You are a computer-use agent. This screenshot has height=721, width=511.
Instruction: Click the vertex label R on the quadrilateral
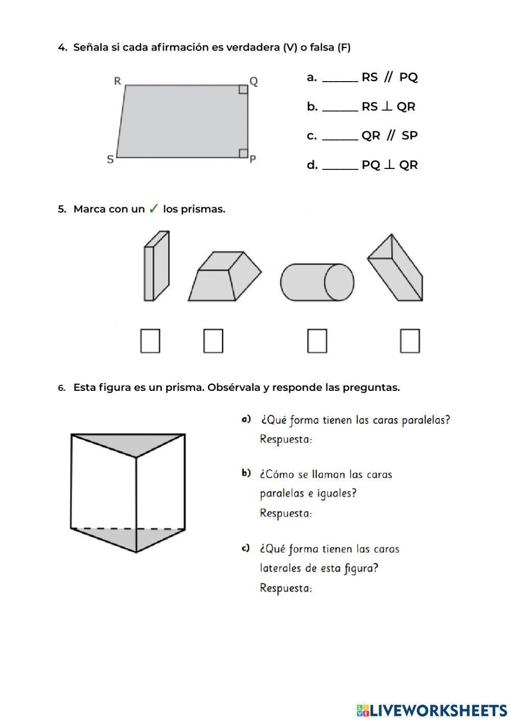(118, 81)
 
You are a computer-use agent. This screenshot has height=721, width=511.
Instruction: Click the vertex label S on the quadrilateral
(110, 159)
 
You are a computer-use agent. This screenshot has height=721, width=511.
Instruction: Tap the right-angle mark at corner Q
(243, 90)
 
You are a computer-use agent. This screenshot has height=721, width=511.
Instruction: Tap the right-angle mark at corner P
(243, 153)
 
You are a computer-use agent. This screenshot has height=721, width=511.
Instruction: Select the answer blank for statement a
(340, 79)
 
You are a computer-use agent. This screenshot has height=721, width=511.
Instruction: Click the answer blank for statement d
(340, 166)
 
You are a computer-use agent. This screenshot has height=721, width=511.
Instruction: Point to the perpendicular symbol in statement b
(387, 107)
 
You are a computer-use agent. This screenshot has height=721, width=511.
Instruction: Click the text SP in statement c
(409, 136)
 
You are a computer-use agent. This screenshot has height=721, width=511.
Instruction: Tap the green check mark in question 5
(153, 209)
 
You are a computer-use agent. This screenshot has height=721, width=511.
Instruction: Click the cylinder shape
(317, 282)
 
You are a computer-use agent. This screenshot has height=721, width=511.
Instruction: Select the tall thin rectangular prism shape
(156, 266)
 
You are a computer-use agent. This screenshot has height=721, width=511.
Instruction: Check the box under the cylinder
(317, 341)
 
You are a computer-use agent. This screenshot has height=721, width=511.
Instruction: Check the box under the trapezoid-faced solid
(213, 341)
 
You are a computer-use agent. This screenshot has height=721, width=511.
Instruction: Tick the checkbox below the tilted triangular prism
(409, 341)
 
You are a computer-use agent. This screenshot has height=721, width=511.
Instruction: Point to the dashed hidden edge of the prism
(128, 528)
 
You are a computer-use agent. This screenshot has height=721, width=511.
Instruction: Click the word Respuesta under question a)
(286, 439)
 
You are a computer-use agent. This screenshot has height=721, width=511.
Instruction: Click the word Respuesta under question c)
(286, 588)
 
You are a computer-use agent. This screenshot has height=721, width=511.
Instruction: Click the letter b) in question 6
(246, 474)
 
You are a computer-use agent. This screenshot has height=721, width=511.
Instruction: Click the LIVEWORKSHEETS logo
(432, 710)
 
